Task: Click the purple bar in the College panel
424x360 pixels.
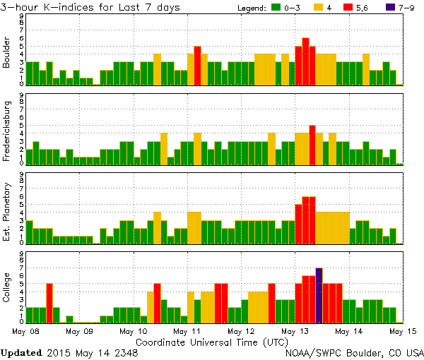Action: point(319,295)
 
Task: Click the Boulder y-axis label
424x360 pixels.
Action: point(7,54)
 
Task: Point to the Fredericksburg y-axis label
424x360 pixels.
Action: point(7,132)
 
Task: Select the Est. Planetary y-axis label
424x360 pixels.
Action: point(7,211)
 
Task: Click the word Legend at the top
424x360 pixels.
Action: point(249,8)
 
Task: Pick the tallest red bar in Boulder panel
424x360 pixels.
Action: point(305,61)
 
